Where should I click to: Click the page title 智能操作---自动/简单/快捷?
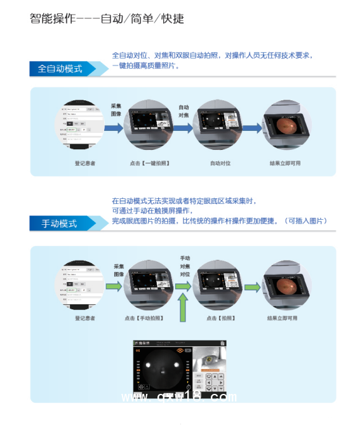pyautogui.click(x=107, y=18)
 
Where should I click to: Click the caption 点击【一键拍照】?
pyautogui.click(x=149, y=163)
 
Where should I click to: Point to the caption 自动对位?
pyautogui.click(x=220, y=163)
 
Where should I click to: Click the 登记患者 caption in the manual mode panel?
pyautogui.click(x=85, y=318)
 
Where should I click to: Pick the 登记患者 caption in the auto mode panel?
pyautogui.click(x=85, y=163)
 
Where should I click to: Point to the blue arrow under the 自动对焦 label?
pyautogui.click(x=184, y=128)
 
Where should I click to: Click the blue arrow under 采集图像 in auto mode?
pyautogui.click(x=114, y=128)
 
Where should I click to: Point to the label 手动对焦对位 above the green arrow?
pyautogui.click(x=185, y=267)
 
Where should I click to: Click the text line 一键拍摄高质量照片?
pyautogui.click(x=145, y=65)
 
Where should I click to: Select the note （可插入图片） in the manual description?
pyautogui.click(x=306, y=220)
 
